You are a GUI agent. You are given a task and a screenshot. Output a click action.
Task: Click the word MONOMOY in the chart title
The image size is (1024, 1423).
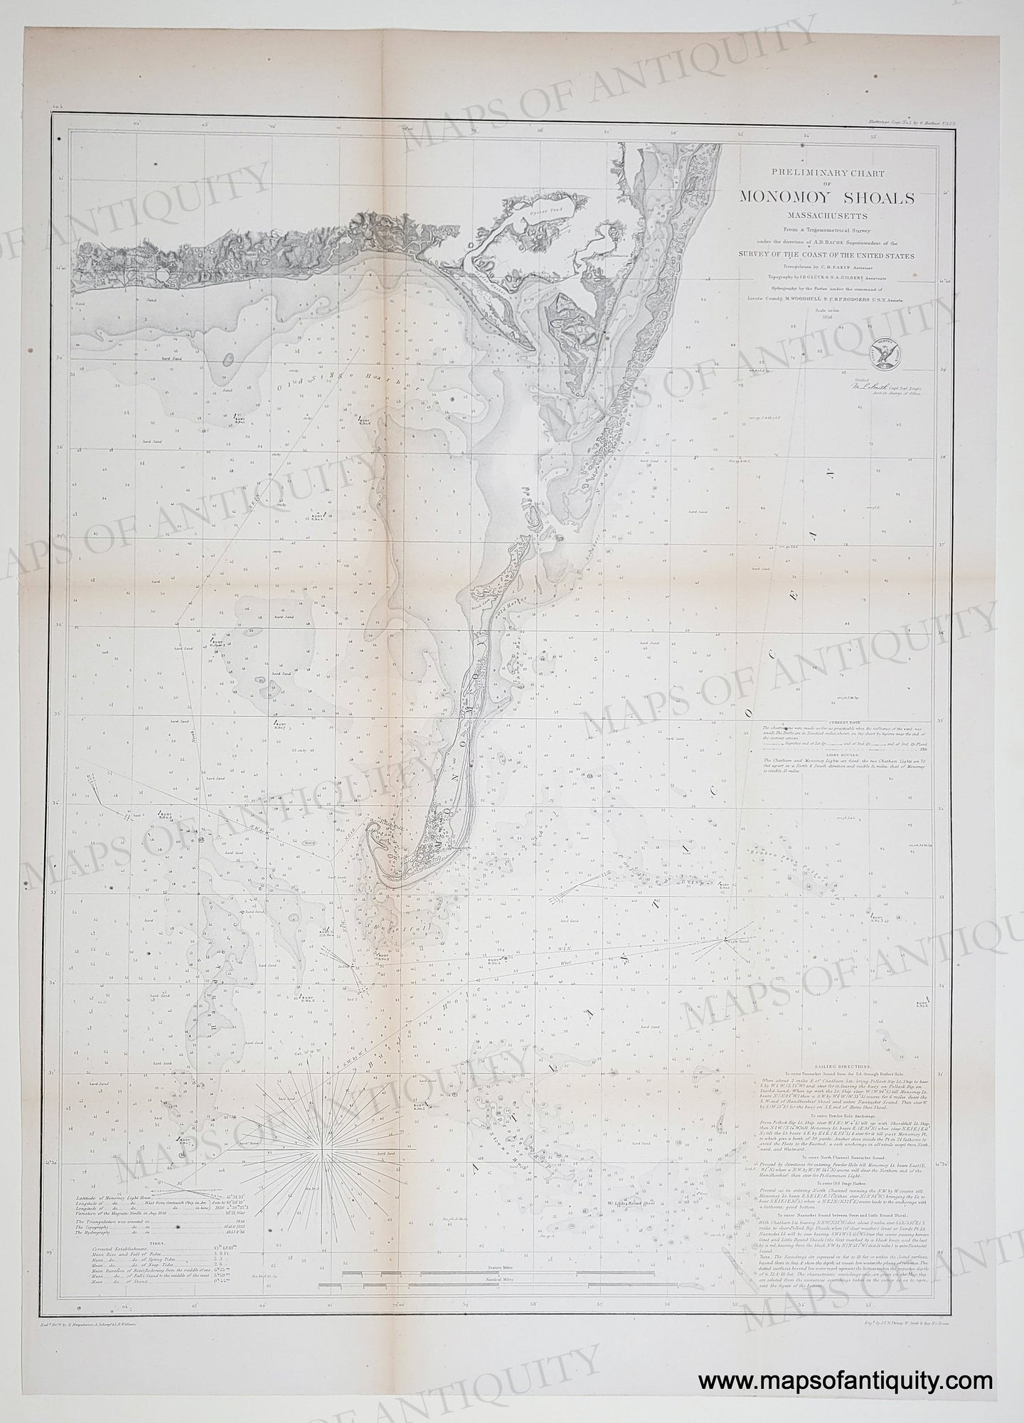782,198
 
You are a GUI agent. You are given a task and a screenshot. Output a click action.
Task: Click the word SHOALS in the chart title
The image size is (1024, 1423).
873,198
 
